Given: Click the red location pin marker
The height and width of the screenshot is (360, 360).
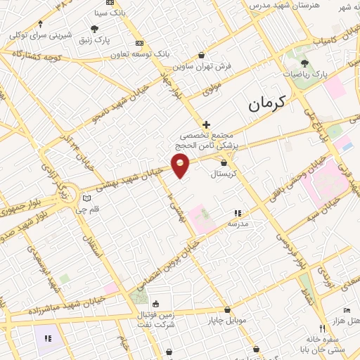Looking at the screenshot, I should pos(181,165).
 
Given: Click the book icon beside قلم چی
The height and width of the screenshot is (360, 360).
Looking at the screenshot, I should pos(86,199).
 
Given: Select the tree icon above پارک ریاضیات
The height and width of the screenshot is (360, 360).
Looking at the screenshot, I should pos(304,63).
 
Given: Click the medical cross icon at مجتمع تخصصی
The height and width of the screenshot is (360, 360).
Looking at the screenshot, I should pos(205,124).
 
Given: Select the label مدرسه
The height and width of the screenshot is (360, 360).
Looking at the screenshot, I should pos(237,223).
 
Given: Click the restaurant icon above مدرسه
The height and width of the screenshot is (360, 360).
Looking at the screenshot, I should pos(238,212).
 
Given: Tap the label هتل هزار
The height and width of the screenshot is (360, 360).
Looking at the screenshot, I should pos(349,321).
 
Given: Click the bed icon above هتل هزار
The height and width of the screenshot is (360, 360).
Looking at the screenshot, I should pos(345,310).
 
